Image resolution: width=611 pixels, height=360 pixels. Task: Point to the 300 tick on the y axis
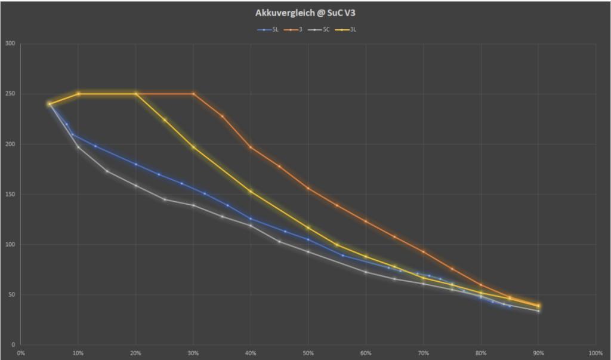10,44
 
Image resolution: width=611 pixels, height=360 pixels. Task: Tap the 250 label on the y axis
10,94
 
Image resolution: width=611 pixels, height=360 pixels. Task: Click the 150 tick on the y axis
10,194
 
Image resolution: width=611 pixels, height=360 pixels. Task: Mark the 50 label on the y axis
12,294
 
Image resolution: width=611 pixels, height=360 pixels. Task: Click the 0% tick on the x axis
21,353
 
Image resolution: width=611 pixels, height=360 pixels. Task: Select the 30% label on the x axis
193,353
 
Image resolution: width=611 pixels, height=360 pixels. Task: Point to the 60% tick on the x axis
366,353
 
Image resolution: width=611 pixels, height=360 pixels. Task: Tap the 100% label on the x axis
595,353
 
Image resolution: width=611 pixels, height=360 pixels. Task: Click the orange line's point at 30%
193,94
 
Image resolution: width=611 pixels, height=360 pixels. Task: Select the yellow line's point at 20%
136,94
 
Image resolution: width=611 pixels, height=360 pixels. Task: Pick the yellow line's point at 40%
251,192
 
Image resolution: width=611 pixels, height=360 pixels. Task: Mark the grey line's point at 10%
78,147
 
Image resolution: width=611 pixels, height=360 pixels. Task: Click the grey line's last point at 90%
538,310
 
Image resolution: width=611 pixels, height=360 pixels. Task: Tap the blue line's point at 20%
136,164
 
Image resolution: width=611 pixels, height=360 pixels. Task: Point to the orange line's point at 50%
308,188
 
